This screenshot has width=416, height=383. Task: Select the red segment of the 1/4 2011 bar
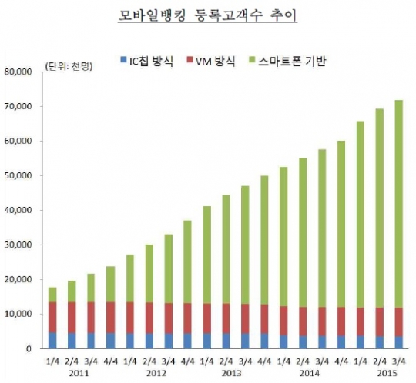[52, 317]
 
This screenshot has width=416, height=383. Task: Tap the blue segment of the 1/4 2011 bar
[52, 340]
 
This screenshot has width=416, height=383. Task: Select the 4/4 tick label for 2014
[340, 360]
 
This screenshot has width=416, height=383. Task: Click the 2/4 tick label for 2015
[379, 360]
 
